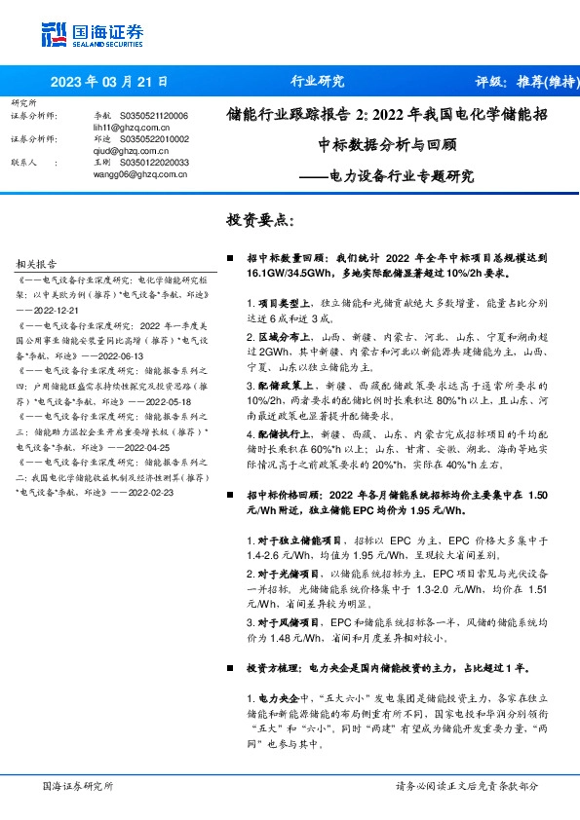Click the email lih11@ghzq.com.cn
[119, 127]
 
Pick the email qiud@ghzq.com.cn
[120, 151]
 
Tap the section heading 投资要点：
[260, 221]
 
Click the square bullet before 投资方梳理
[230, 670]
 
